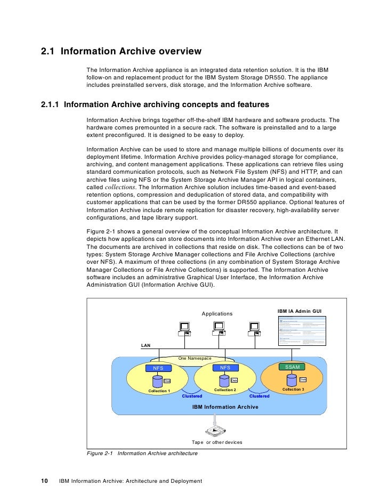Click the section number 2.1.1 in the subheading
50,104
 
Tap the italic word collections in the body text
120,188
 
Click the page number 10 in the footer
45,481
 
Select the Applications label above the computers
217,313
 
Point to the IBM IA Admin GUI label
299,311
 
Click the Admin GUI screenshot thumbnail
301,330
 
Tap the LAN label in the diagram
145,345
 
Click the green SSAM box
293,367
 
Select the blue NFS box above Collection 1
158,368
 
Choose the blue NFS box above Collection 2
225,368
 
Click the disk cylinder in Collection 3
292,380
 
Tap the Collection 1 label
159,391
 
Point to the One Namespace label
195,359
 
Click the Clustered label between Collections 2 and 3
260,396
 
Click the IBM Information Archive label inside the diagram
225,407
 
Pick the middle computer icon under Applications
218,331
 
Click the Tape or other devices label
216,442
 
